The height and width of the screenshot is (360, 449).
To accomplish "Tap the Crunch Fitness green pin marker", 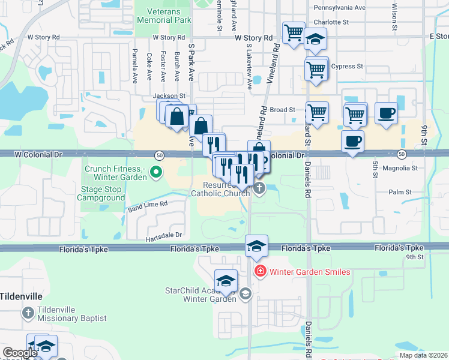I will point(156,173).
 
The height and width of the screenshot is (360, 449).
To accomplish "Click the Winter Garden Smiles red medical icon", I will point(261,272).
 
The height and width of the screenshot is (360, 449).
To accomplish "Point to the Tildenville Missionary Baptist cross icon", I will point(28,313).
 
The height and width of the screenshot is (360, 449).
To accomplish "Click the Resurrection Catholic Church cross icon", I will point(259,190).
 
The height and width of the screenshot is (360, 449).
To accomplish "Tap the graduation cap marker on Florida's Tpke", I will point(256,245).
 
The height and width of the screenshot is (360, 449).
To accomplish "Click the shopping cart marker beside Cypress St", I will point(316,69).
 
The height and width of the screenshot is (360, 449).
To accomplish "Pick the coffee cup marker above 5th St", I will point(352,142).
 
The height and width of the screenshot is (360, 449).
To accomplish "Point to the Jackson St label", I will point(169,95).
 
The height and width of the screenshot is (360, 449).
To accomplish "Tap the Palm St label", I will point(399,193).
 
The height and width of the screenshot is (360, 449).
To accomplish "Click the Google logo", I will point(20,353).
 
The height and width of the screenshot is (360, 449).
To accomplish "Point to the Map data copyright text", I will point(423,355).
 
